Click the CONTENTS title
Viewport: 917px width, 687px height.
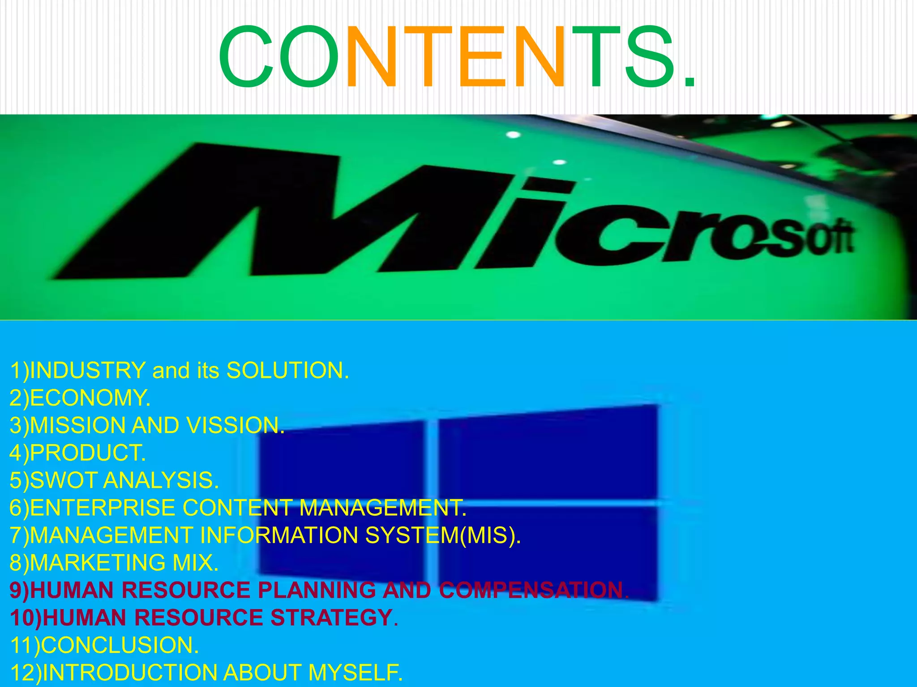coord(457,57)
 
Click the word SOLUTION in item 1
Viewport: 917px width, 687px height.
coord(287,370)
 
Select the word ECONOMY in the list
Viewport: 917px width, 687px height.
coord(90,398)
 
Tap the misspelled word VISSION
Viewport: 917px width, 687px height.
coord(235,425)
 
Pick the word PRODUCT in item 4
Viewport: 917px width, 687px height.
coord(87,453)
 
